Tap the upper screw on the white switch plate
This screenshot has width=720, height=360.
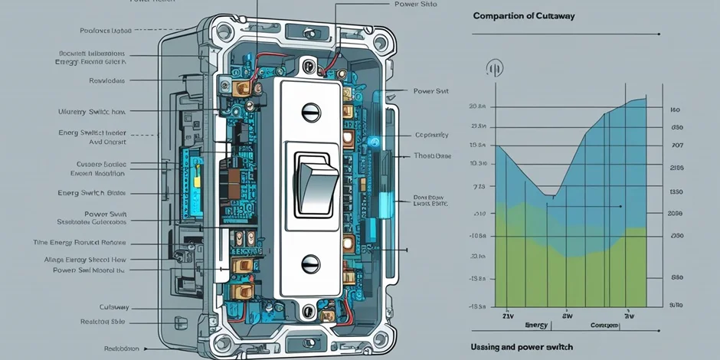click(x=311, y=113)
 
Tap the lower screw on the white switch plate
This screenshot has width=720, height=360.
click(x=311, y=263)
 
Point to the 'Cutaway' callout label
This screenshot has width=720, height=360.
click(x=113, y=306)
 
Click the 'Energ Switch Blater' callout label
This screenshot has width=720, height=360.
click(x=91, y=193)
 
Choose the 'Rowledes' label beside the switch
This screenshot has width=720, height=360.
click(x=107, y=80)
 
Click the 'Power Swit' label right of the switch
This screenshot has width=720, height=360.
click(x=430, y=90)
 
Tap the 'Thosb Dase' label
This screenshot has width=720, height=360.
click(x=433, y=155)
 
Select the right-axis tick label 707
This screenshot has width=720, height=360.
click(x=676, y=146)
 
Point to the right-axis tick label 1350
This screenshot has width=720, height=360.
click(x=676, y=191)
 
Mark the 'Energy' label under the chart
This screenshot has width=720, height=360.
click(x=535, y=326)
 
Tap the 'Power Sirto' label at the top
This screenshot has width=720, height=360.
click(x=416, y=4)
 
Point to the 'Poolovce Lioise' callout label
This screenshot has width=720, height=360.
click(x=106, y=31)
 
